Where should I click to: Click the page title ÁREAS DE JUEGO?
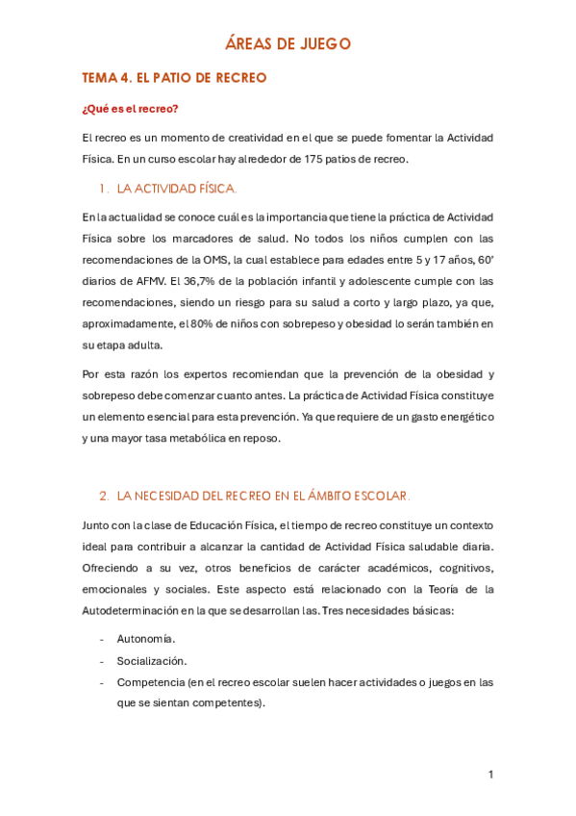[288, 43]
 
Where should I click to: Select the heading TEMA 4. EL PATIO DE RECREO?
[174, 77]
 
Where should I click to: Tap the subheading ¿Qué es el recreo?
[130, 108]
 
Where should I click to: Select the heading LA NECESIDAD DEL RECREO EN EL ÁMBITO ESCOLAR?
[263, 496]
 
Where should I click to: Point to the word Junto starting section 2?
[98, 524]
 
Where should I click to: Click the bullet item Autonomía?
[146, 639]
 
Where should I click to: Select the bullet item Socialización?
[152, 661]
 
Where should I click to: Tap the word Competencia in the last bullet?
[149, 682]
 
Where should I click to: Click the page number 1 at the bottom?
[490, 775]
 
